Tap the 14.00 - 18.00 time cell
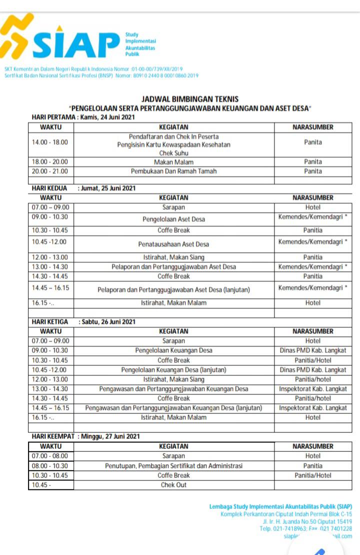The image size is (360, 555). pos(50,142)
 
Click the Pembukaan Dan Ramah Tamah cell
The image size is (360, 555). pos(173,171)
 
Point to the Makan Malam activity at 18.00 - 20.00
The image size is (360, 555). pos(173,162)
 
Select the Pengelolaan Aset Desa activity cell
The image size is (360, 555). pos(173,219)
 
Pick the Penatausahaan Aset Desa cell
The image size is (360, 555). pos(173,244)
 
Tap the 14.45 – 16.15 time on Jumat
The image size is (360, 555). pos(50,288)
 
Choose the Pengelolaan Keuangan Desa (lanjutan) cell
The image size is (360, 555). pos(173,370)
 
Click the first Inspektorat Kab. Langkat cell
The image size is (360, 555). pos(313,389)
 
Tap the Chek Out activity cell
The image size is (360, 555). pos(173,485)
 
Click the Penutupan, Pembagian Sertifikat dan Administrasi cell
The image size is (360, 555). pos(173,466)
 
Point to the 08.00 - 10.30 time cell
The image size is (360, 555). pos(50,466)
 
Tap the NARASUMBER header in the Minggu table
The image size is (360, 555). pos(313,446)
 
